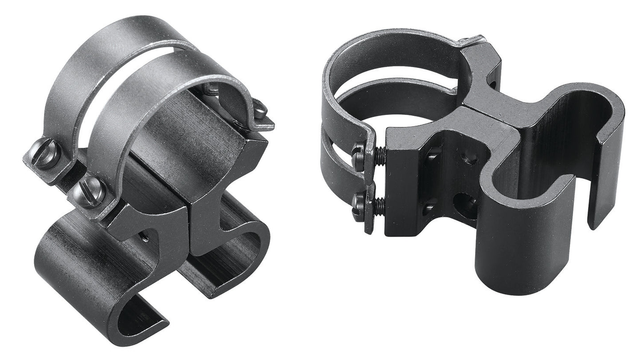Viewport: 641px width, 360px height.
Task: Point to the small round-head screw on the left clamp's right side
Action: [260, 109]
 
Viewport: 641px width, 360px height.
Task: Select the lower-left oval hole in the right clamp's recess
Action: [428, 207]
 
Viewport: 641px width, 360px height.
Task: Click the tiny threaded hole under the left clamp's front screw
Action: [145, 238]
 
